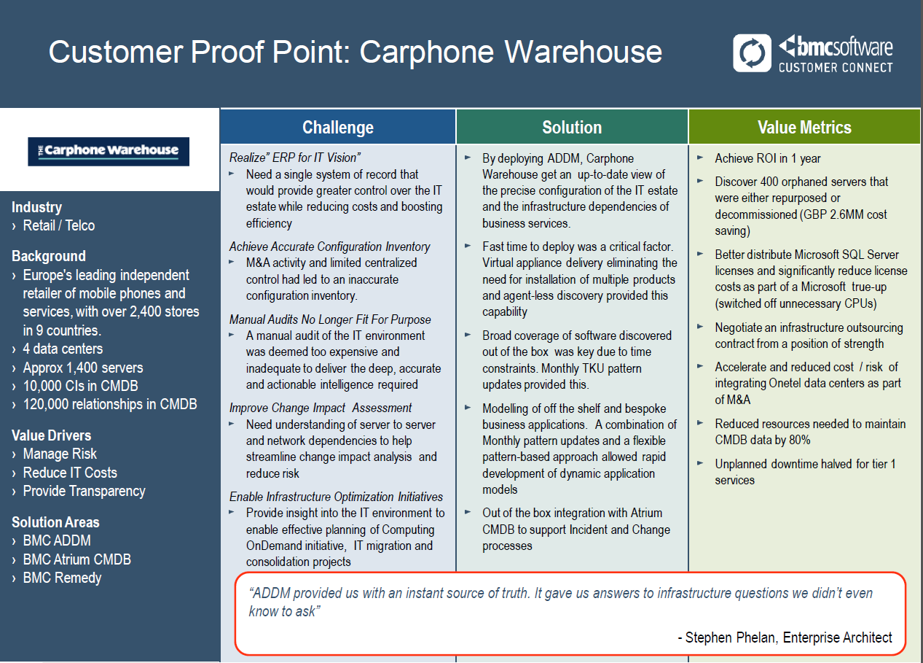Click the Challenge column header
[338, 127]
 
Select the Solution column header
[572, 127]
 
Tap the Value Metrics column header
[804, 127]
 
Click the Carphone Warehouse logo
[109, 152]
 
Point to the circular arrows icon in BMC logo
[752, 53]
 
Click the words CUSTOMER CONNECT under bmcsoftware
[836, 67]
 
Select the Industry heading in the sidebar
[36, 207]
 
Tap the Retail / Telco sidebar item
[59, 225]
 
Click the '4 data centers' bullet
[63, 349]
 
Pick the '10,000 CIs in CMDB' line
[80, 386]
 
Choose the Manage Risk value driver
[60, 454]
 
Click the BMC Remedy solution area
[62, 578]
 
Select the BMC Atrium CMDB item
[77, 559]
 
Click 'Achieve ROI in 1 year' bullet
[768, 158]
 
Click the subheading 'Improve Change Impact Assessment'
[320, 408]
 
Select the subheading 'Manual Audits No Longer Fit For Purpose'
[329, 319]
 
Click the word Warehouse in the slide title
[583, 52]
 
